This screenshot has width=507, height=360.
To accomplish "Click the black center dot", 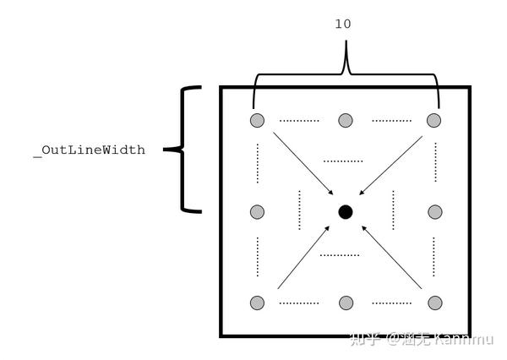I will (345, 211).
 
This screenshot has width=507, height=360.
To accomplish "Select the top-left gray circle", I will (257, 120).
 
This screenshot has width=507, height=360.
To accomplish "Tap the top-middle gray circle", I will (345, 120).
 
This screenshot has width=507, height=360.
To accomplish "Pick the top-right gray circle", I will (433, 120).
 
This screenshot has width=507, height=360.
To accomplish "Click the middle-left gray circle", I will (257, 211).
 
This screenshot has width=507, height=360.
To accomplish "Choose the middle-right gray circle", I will (433, 211).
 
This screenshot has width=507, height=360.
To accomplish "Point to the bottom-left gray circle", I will (257, 303).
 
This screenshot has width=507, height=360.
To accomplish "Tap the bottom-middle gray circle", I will (345, 303).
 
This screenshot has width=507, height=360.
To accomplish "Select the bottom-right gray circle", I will (433, 303).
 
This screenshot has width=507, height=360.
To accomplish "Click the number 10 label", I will (343, 25).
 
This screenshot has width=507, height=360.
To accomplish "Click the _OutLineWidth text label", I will (89, 150).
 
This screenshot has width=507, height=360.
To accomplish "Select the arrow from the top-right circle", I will (390, 164).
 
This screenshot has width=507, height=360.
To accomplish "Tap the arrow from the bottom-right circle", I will (390, 258).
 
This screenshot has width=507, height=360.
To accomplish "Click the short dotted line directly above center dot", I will (342, 160).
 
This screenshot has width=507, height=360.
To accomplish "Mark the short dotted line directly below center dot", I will (340, 254).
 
